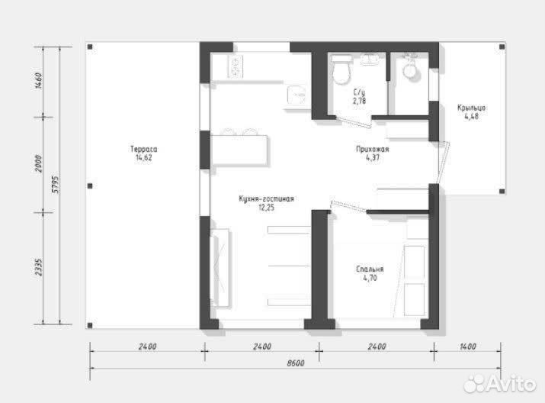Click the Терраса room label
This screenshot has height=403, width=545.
(144, 150)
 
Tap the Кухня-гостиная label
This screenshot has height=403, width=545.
(266, 198)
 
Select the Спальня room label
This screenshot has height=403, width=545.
(370, 269)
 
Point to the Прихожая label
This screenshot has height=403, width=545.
(373, 150)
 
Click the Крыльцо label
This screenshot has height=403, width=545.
(471, 108)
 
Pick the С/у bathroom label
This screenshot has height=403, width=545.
(359, 92)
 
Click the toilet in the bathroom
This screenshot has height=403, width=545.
(341, 70)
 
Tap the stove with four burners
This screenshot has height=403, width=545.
(236, 66)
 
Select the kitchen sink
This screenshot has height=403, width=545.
(297, 95)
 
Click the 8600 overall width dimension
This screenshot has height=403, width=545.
(296, 363)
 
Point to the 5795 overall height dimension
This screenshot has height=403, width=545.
(56, 185)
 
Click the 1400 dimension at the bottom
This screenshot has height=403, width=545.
(468, 347)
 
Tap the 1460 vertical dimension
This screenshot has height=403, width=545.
(39, 81)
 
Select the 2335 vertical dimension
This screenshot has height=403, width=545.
(39, 267)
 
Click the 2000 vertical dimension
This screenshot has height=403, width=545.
(39, 163)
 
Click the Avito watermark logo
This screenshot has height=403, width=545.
(500, 384)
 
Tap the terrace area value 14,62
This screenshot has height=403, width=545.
(144, 158)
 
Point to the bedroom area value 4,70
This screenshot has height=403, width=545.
(370, 278)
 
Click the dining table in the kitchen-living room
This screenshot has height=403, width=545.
(239, 150)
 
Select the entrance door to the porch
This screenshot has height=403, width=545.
(444, 162)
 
